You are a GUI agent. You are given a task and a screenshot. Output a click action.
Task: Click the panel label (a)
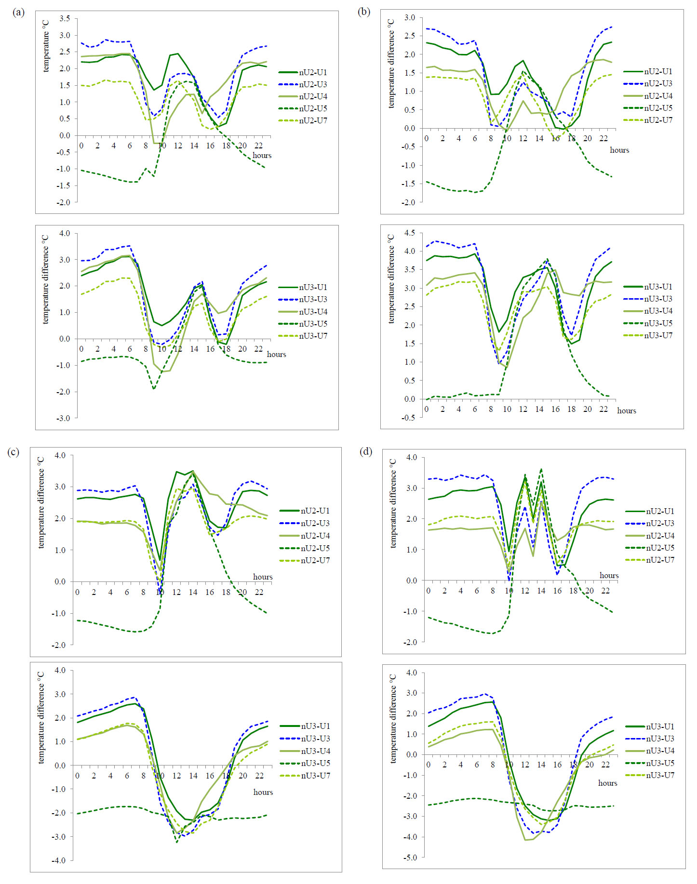click(18, 13)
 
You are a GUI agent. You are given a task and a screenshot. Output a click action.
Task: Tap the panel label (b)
click(364, 13)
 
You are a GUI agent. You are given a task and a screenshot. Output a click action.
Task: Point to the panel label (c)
click(13, 451)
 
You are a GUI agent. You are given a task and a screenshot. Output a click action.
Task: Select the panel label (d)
click(366, 451)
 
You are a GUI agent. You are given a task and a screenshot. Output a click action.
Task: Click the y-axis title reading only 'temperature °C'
click(46, 46)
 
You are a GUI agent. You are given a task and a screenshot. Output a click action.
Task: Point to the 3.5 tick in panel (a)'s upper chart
click(65, 18)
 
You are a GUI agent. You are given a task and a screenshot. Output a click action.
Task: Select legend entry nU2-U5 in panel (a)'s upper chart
click(313, 108)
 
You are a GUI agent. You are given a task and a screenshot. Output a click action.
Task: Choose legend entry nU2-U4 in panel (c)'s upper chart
click(315, 536)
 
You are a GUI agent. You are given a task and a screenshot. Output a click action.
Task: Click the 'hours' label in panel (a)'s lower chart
click(276, 355)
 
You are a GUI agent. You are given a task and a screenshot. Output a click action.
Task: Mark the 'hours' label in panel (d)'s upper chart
click(609, 575)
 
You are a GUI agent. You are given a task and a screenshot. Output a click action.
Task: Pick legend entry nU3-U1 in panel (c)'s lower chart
click(315, 726)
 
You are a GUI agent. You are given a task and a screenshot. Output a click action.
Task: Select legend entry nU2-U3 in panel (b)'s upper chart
click(658, 83)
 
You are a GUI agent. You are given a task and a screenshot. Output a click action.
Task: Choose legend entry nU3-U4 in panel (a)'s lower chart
click(313, 312)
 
